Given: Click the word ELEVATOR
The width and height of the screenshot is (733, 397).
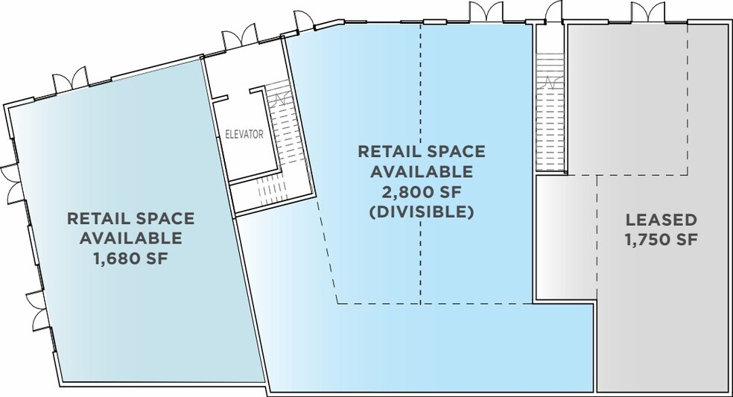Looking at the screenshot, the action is pos(244,135).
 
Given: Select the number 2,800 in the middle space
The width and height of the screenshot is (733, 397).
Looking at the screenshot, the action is pos(405,191).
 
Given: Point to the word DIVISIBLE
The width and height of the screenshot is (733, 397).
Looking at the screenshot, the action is pos(422,212).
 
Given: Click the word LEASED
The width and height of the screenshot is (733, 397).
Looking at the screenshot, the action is pos(661,219).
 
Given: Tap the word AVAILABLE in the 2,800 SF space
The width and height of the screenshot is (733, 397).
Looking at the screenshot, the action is pos(422,171).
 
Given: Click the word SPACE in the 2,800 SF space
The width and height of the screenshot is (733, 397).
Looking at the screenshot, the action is pos(455,151).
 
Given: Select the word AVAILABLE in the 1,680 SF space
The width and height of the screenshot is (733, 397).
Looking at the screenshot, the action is pos(131,238).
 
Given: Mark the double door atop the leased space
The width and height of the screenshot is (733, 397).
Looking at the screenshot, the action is pos(647,12).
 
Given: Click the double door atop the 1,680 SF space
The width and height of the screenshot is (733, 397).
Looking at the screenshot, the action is pos(70,80).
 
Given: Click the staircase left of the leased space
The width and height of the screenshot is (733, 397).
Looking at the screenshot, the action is pos(550,112).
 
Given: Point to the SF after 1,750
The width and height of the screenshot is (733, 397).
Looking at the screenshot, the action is pos(687,239).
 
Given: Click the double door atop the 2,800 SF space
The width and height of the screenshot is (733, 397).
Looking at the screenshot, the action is pos(486,12).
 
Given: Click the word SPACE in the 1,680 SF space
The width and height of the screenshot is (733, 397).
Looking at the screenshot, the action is pos(165,218).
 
